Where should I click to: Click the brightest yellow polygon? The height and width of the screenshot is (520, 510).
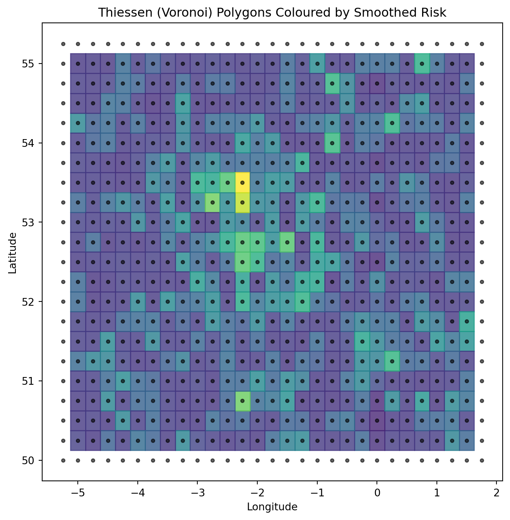pyautogui.click(x=243, y=183)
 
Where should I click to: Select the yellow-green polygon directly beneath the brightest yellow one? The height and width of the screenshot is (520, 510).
pyautogui.click(x=243, y=202)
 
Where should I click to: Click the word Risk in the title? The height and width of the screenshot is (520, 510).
pyautogui.click(x=435, y=13)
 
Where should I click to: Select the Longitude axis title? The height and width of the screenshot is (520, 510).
pyautogui.click(x=272, y=506)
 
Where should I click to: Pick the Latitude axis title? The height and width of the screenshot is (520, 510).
pyautogui.click(x=12, y=252)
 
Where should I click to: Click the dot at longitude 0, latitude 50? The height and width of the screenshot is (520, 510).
pyautogui.click(x=377, y=460)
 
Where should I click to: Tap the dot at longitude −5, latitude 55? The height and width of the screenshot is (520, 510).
pyautogui.click(x=78, y=64)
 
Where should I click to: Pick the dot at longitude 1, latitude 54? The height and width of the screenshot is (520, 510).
pyautogui.click(x=437, y=143)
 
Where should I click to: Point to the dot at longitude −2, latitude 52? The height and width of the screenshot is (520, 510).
pyautogui.click(x=257, y=301)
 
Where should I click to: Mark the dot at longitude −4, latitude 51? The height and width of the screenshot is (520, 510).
pyautogui.click(x=138, y=381)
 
